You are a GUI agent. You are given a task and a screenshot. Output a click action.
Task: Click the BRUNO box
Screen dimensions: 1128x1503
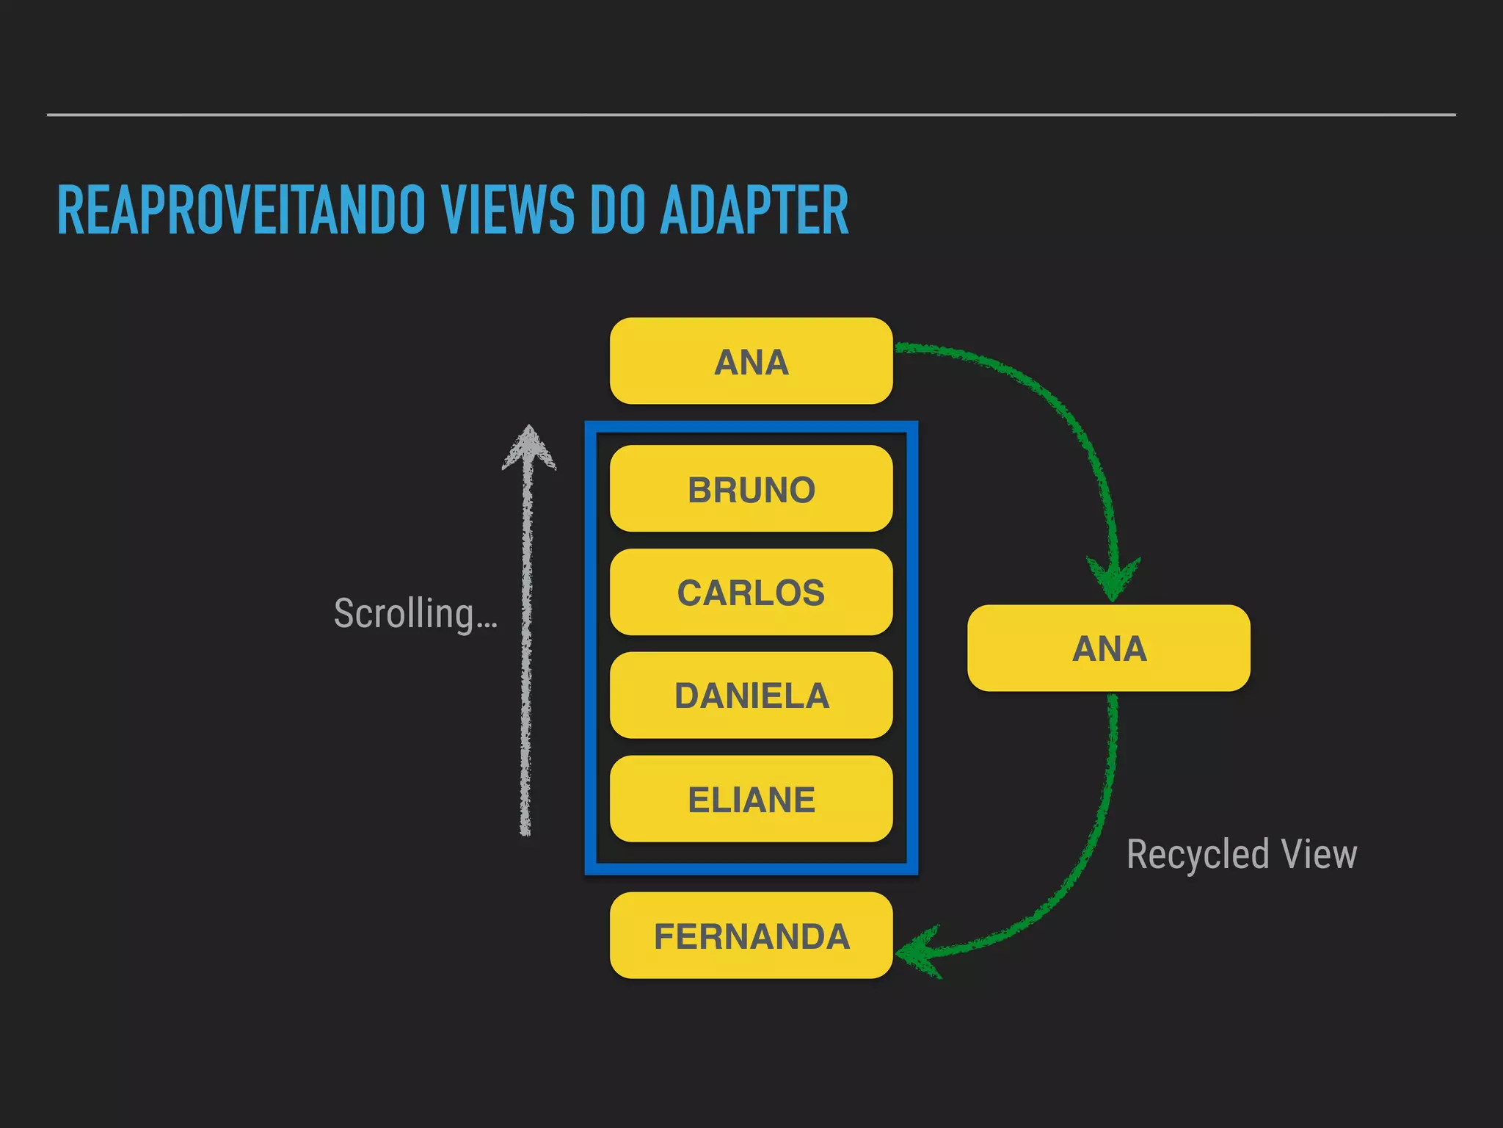pos(751,489)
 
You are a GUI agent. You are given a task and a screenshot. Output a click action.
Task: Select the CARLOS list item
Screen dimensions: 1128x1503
pos(751,592)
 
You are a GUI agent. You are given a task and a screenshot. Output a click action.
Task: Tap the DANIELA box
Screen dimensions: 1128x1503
pos(751,695)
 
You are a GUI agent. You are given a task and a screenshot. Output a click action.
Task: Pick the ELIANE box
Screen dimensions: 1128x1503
pos(751,799)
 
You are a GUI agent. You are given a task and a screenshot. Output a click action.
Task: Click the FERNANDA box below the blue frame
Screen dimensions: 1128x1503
pos(751,936)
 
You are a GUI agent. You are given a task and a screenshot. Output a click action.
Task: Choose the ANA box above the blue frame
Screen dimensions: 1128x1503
pos(751,361)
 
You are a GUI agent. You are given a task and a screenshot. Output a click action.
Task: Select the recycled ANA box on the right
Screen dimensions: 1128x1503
pos(1108,648)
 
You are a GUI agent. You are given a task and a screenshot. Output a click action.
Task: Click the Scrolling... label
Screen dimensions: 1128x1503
pos(415,614)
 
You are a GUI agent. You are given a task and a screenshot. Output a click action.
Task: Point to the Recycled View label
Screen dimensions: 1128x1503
pos(1241,855)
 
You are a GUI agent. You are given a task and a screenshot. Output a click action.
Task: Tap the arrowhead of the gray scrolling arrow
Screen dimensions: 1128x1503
pos(528,446)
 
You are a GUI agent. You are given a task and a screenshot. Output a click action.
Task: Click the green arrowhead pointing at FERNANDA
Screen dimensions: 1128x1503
pos(917,952)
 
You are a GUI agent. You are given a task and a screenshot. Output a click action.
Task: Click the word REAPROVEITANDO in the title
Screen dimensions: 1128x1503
pos(241,211)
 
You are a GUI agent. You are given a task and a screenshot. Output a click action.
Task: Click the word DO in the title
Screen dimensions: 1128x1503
pos(617,211)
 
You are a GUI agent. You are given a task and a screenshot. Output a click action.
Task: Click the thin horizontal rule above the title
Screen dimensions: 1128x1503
pos(751,115)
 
